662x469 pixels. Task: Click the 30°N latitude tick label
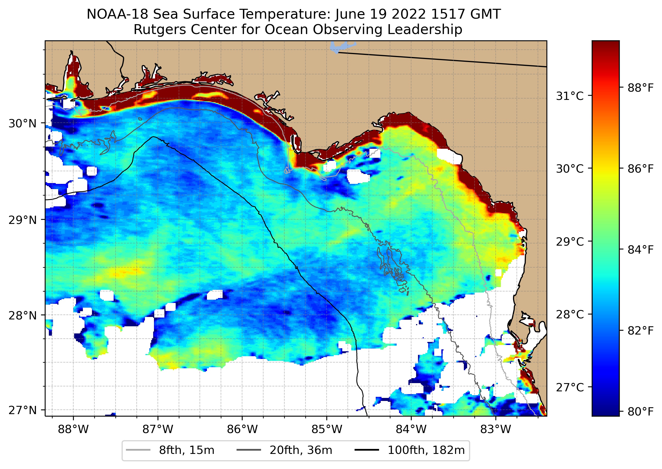pyautogui.click(x=23, y=123)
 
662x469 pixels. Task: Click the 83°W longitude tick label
pyautogui.click(x=496, y=429)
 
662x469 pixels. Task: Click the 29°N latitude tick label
pyautogui.click(x=23, y=220)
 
